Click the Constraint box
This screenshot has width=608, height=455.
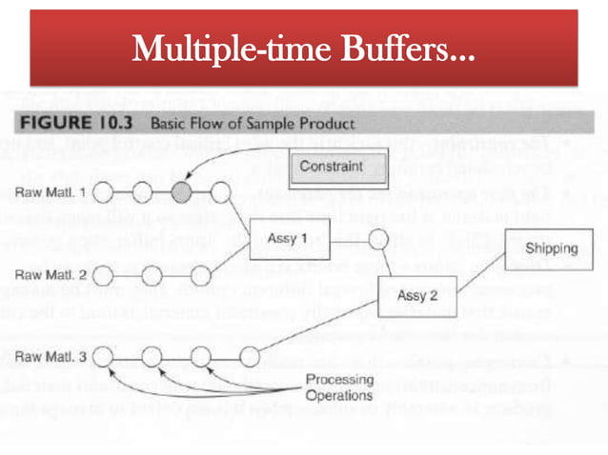pyautogui.click(x=331, y=167)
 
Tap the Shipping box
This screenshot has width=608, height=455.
pyautogui.click(x=551, y=248)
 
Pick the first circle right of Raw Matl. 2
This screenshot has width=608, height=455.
pyautogui.click(x=105, y=275)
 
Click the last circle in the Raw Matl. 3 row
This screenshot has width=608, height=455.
pyautogui.click(x=249, y=357)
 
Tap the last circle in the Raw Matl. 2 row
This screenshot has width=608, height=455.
pyautogui.click(x=199, y=275)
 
